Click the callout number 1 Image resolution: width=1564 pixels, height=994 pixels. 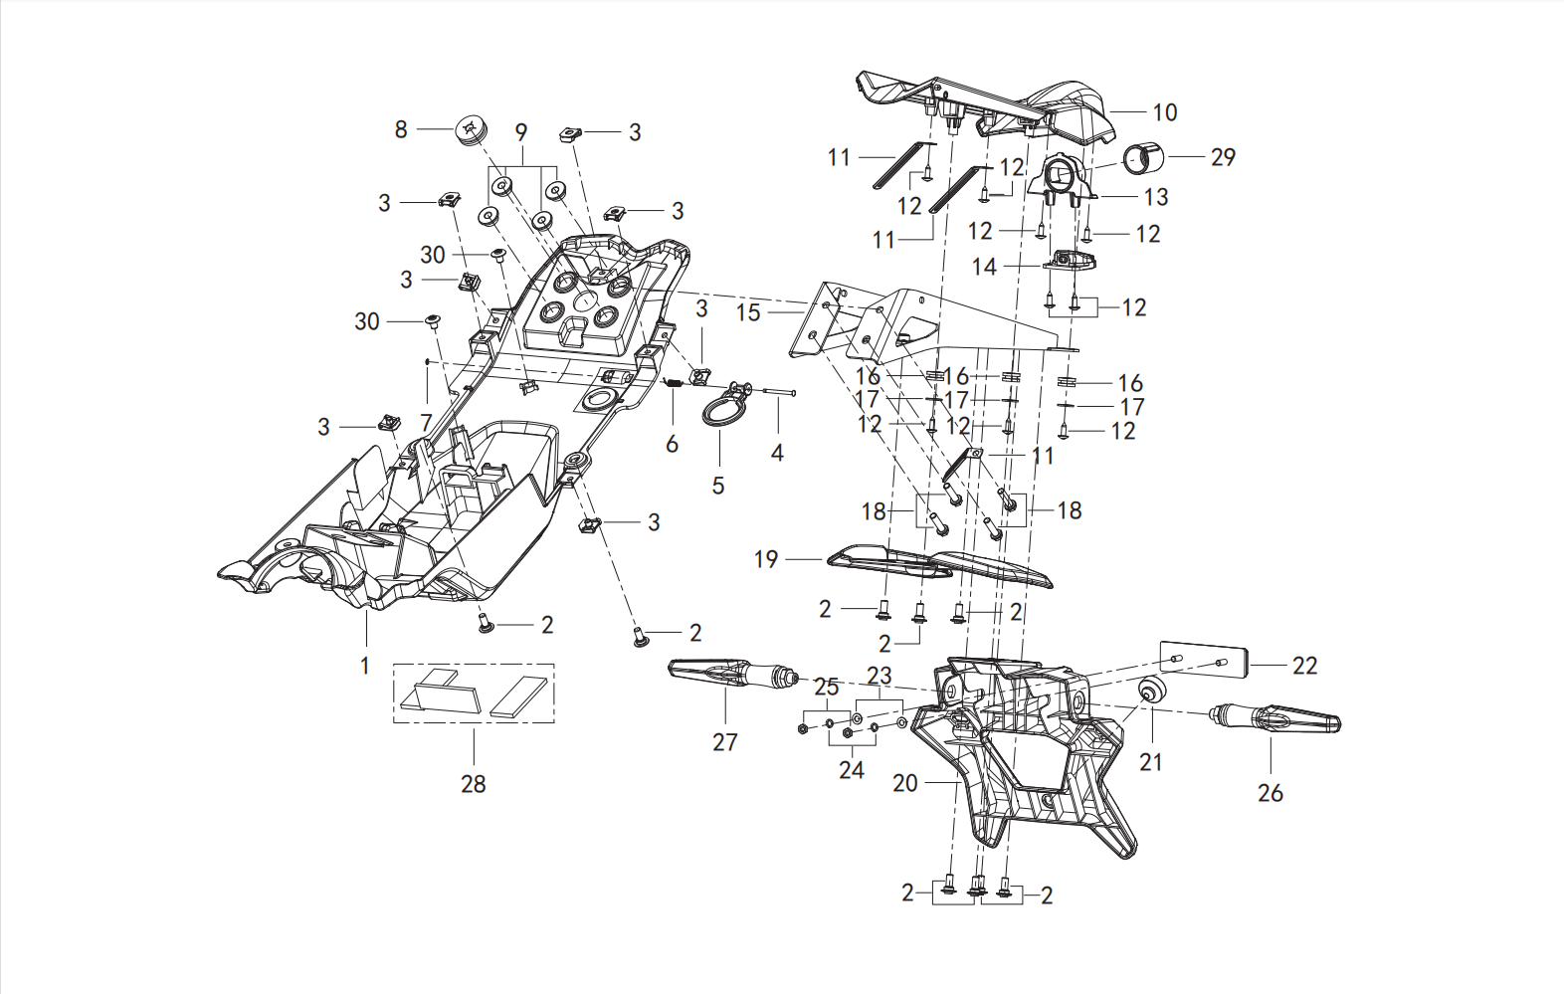(x=364, y=666)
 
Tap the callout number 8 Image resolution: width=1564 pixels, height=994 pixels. (x=401, y=129)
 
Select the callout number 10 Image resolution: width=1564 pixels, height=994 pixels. (x=1165, y=111)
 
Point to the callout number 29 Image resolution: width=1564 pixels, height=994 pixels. (x=1223, y=157)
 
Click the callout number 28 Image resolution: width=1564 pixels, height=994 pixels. (x=474, y=784)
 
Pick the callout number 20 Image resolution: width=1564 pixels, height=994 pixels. (x=905, y=783)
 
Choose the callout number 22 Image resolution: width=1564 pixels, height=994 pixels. (x=1304, y=666)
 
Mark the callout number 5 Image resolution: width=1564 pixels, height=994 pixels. (x=718, y=486)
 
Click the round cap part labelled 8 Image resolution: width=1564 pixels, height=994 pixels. (x=471, y=131)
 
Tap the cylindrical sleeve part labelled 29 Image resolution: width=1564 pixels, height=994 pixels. (x=1142, y=157)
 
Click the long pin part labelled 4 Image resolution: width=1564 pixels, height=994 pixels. (x=779, y=392)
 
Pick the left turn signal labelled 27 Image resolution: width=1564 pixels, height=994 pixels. (x=733, y=673)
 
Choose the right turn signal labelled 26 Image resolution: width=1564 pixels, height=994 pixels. (x=1274, y=719)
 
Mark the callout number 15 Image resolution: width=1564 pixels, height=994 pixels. (x=748, y=312)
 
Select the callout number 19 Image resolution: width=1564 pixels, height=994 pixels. (x=766, y=559)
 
